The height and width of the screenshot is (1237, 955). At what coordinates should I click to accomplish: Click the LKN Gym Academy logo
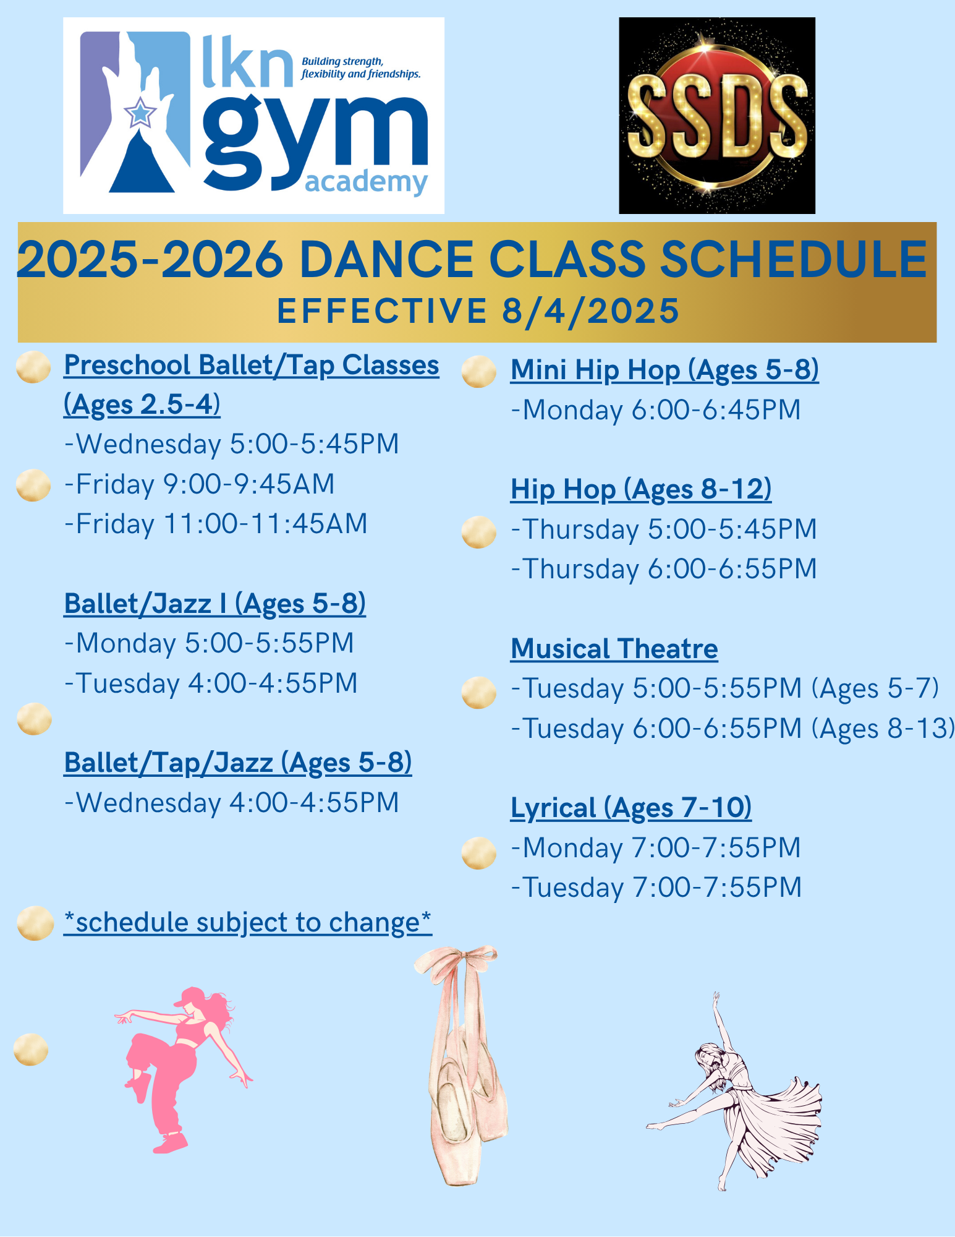[253, 116]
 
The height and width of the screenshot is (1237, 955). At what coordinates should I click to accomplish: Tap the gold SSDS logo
[717, 116]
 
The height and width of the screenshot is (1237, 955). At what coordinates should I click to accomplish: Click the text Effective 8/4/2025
[478, 310]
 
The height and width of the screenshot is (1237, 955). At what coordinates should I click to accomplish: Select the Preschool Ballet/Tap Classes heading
[252, 385]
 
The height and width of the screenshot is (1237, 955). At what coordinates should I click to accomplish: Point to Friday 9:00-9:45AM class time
[200, 484]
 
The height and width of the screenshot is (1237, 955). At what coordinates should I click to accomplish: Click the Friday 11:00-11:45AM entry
[216, 524]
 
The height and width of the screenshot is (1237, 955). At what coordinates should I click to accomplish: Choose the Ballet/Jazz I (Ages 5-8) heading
[215, 604]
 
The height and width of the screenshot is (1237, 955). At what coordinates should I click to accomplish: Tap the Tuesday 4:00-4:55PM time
[211, 683]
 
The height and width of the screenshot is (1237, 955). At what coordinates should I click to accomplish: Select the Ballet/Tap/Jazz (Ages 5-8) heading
[238, 763]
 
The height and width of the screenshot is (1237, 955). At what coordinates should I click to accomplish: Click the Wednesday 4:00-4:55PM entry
[232, 803]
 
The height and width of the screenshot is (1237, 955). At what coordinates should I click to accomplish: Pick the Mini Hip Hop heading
[664, 370]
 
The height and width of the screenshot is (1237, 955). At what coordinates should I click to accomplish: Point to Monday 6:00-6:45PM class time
[656, 410]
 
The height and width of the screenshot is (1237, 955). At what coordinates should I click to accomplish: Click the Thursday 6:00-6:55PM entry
[664, 569]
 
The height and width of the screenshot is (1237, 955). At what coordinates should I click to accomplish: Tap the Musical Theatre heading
[614, 649]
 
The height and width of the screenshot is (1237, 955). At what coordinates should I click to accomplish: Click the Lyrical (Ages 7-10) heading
[631, 808]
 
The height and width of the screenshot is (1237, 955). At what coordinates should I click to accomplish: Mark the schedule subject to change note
[248, 922]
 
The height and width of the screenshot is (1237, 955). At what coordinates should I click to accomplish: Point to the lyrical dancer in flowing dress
[734, 1092]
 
